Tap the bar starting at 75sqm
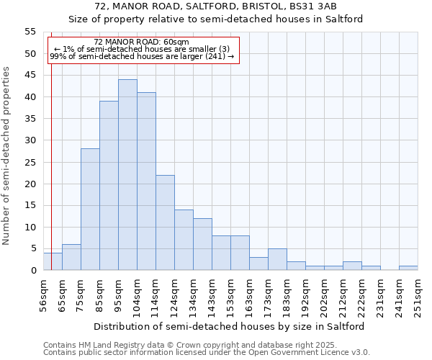click(90, 210)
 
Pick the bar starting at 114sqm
click(165, 222)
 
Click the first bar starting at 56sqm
click(53, 261)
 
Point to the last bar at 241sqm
click(408, 268)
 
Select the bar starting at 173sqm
click(277, 259)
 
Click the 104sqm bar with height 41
click(146, 181)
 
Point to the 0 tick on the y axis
click(33, 271)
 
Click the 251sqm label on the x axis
click(418, 296)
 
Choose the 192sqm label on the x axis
click(305, 296)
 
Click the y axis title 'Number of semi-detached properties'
click(7, 155)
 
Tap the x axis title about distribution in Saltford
click(229, 326)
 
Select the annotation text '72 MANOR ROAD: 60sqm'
click(141, 42)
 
